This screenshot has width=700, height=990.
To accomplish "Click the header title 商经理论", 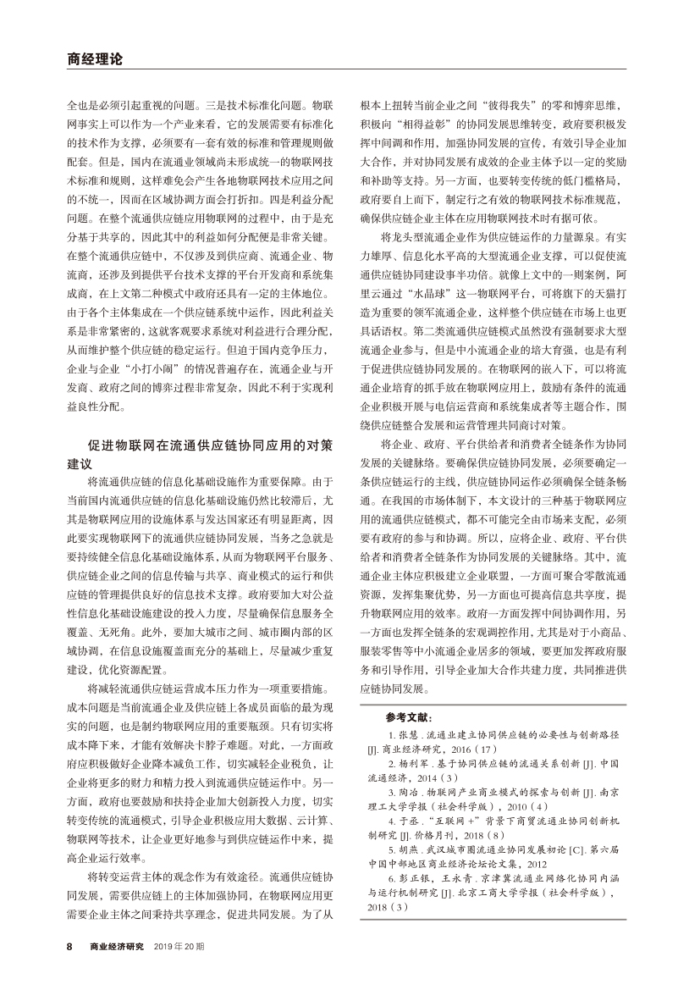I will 94,59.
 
